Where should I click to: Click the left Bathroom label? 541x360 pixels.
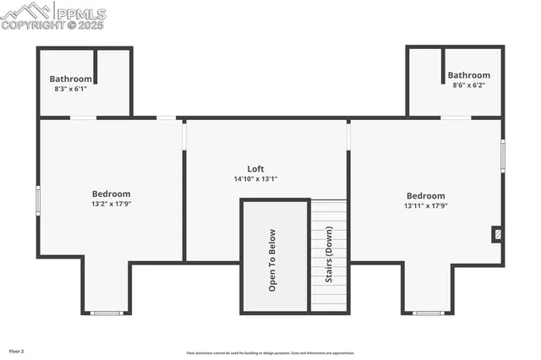(x=71, y=79)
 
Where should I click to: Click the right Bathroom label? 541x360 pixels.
(x=468, y=75)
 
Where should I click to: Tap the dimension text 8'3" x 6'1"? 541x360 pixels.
(x=71, y=89)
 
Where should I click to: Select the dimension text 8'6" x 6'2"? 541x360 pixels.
(x=468, y=85)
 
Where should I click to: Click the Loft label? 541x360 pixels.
(x=255, y=169)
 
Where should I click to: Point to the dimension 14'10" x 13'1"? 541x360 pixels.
(x=255, y=179)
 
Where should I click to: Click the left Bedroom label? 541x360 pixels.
(x=111, y=194)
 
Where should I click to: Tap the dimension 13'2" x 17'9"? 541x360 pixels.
(x=111, y=204)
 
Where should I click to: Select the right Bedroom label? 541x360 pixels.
(x=424, y=195)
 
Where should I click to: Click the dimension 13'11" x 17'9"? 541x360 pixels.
(x=424, y=205)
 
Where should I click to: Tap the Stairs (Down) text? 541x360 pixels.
(x=329, y=258)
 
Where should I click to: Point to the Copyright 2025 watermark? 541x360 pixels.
(x=52, y=25)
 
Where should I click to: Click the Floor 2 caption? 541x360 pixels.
(x=17, y=350)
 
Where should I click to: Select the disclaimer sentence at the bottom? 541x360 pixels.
(x=270, y=353)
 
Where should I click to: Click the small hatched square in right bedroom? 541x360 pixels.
(x=497, y=233)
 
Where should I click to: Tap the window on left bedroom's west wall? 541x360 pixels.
(x=37, y=199)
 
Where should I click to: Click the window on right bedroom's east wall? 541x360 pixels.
(x=503, y=155)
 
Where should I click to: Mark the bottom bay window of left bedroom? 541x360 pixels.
(x=107, y=314)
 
